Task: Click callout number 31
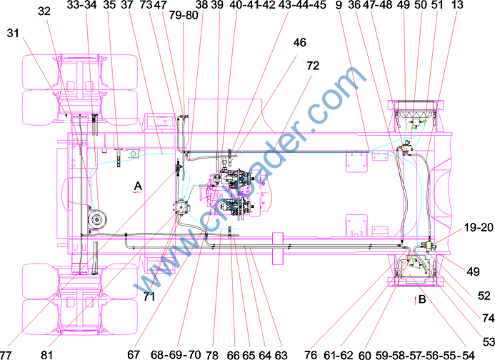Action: point(13,33)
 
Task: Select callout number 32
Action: point(44,11)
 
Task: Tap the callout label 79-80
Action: point(184,15)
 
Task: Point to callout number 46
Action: point(299,42)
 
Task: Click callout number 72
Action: point(313,66)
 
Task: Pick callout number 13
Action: point(457,4)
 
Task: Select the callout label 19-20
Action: point(479,227)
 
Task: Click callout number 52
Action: point(484,296)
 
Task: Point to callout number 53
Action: point(489,341)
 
